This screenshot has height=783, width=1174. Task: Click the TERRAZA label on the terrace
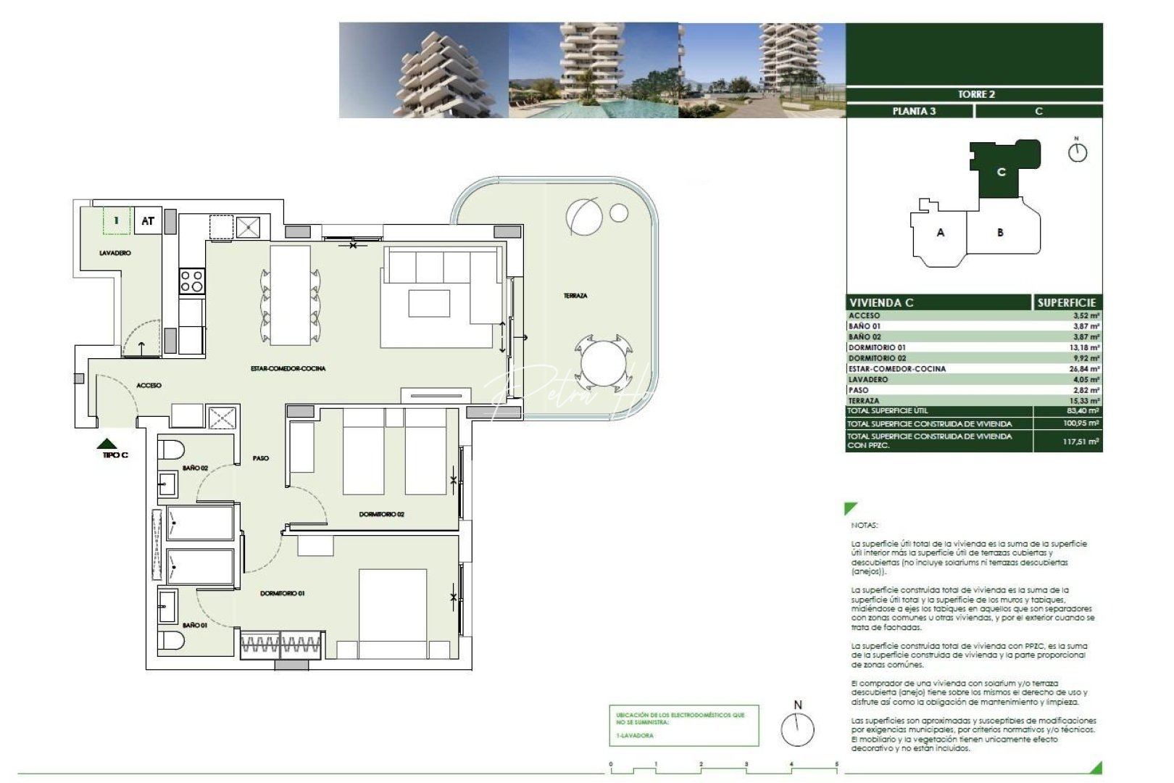pos(575,296)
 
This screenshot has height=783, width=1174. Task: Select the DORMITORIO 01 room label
pos(283,593)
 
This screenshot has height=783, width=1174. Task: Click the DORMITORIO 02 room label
pos(381,514)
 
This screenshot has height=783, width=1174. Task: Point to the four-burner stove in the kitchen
pos(192,281)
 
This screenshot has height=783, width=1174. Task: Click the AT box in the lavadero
pos(148,221)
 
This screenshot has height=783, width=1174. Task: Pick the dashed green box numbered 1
pos(116,220)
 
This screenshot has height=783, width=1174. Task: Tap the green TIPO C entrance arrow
pos(108,444)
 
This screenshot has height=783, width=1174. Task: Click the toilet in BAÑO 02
pos(172,449)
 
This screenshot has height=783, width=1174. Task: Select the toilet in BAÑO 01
pos(172,640)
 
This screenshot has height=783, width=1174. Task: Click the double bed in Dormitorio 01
pos(393,613)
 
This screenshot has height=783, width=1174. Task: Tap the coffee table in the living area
pos(429,303)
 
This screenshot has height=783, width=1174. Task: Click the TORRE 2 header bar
pos(975,94)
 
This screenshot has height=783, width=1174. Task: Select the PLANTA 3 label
pos(913,111)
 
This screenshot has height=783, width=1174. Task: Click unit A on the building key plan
pos(941,233)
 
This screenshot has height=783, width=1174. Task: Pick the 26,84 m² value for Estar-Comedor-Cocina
pos(1084,369)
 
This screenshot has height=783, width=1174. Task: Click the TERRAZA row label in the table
pos(864,400)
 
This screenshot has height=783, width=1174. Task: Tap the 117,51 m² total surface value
pos(1081,442)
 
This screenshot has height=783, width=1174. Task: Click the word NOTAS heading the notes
pos(864,525)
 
